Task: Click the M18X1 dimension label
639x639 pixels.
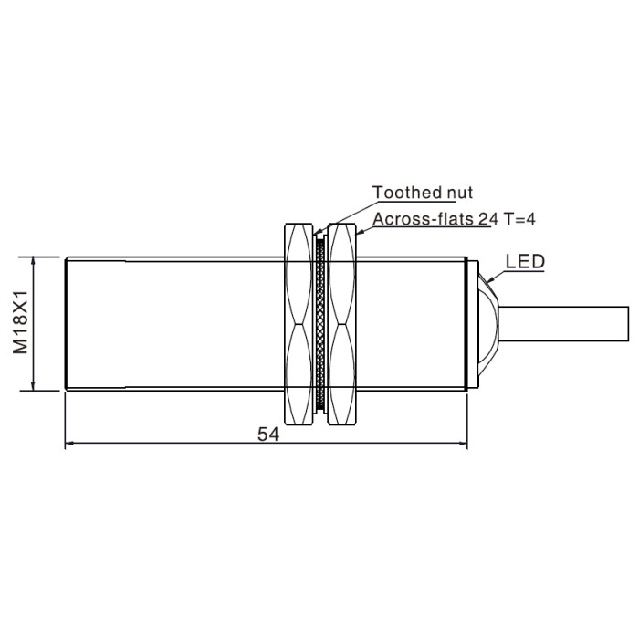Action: (20, 322)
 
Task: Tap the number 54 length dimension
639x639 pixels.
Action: (268, 434)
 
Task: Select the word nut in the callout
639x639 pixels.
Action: (460, 193)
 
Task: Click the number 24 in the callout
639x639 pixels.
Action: (488, 219)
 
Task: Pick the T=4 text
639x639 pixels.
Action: (519, 219)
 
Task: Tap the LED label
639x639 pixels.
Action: (525, 261)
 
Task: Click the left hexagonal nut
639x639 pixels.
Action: (299, 324)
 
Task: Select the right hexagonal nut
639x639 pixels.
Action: (342, 324)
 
